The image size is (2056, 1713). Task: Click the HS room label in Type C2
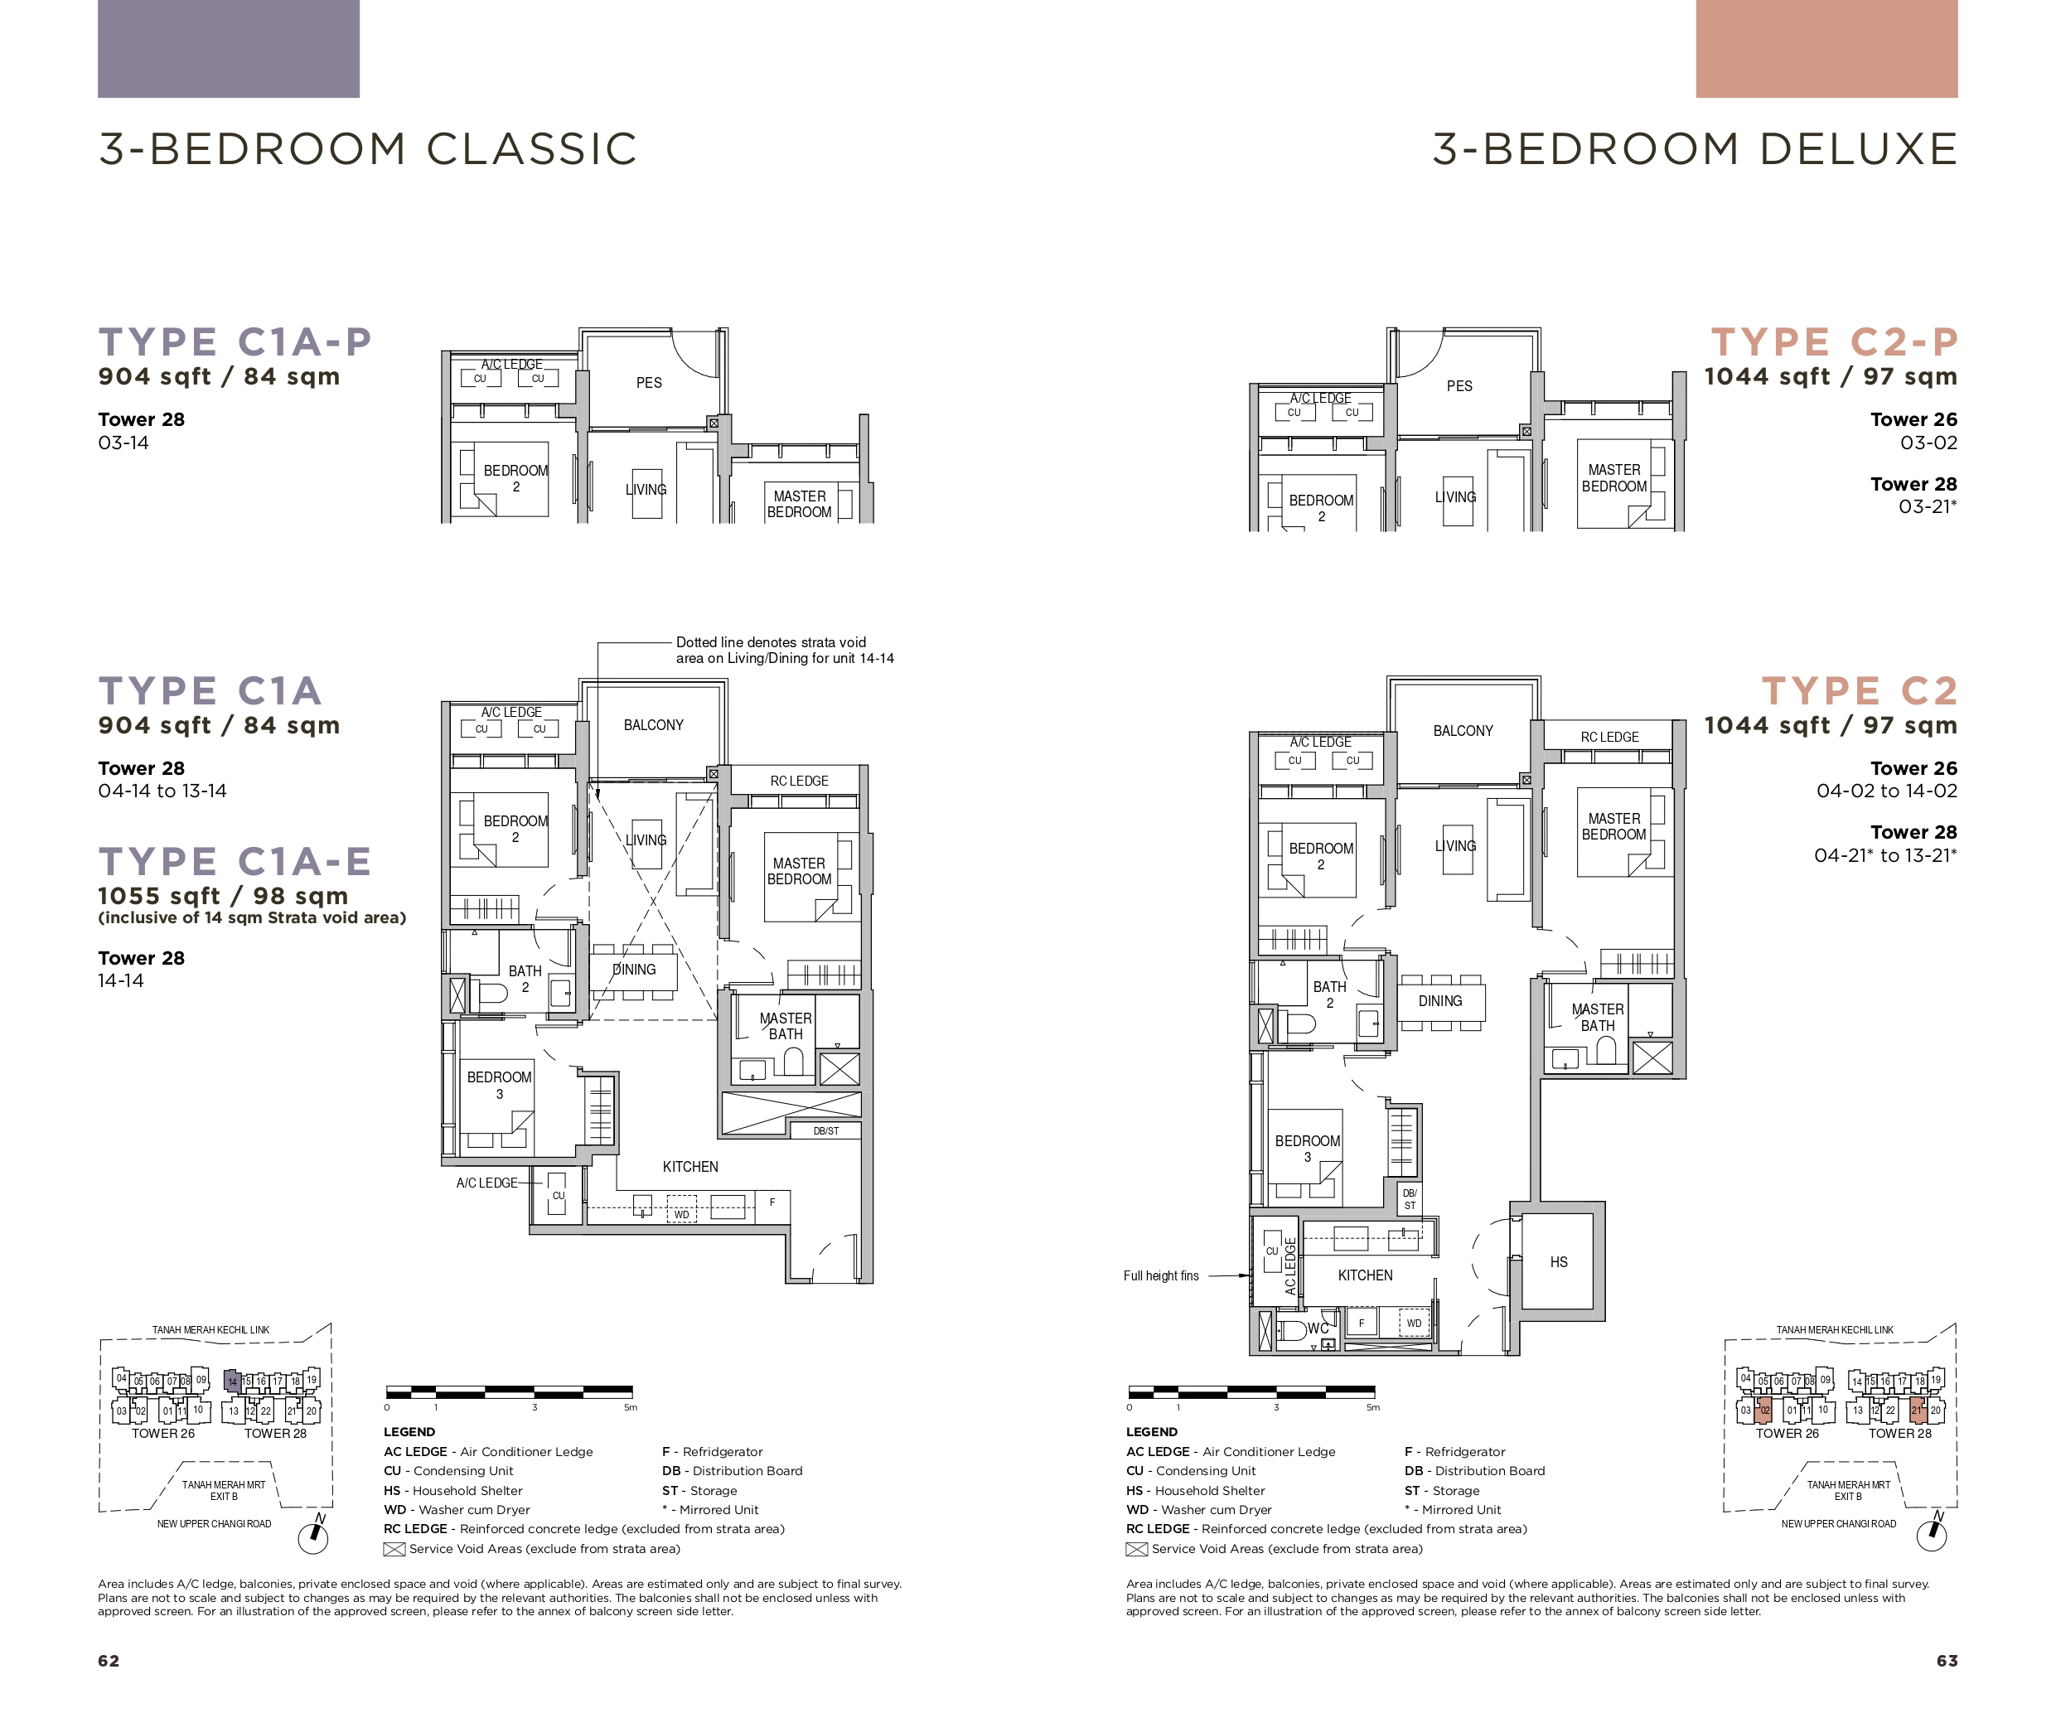(x=1559, y=1261)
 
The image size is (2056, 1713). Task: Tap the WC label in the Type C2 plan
(x=1318, y=1328)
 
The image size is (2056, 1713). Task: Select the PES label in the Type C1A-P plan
(x=649, y=383)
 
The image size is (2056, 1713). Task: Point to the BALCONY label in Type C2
(x=1463, y=731)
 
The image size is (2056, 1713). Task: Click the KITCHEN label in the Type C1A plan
(x=690, y=1167)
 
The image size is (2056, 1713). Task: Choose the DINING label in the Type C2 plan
(x=1440, y=1001)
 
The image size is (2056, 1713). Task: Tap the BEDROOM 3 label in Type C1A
(x=500, y=1086)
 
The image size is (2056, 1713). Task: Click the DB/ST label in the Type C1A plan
(x=825, y=1130)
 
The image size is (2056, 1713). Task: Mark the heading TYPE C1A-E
(x=235, y=861)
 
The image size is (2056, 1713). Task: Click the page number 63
(x=1947, y=1660)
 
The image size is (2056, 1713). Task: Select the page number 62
(x=109, y=1660)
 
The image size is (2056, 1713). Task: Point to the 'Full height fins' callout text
(x=1161, y=1275)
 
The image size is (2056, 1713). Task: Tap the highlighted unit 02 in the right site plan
(x=1764, y=1411)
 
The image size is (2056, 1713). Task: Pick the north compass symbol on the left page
(x=313, y=1536)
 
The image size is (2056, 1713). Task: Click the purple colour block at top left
(x=228, y=49)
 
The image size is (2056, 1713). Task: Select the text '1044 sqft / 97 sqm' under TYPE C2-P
(x=1830, y=377)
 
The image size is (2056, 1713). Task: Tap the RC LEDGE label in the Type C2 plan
(x=1609, y=737)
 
